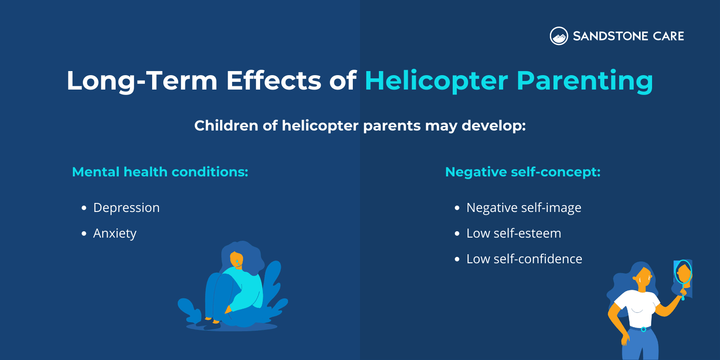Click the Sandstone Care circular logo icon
tap(559, 36)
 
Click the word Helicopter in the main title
tap(436, 81)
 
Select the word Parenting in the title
tap(585, 81)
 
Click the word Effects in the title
tap(274, 81)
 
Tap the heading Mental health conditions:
tap(160, 172)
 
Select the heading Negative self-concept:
tap(522, 172)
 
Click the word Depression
tap(126, 208)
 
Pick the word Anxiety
tap(115, 234)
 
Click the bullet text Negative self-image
tap(524, 208)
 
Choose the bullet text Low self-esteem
tap(513, 234)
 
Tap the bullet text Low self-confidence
tap(524, 259)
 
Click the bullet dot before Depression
tap(84, 208)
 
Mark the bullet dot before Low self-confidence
tap(457, 260)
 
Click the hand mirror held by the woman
tap(684, 274)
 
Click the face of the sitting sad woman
tap(236, 260)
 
